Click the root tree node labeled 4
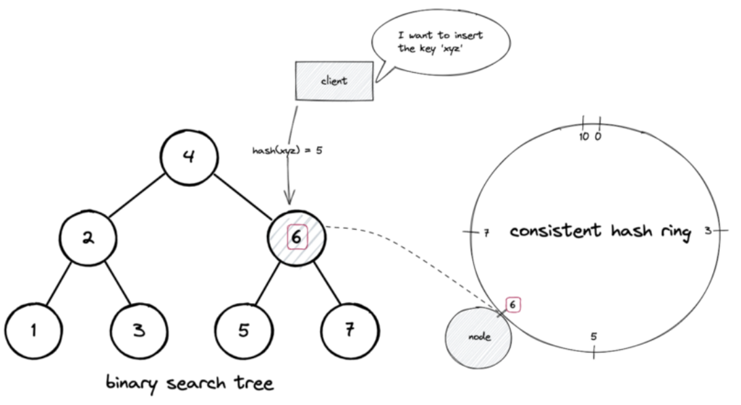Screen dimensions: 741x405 pos(189,157)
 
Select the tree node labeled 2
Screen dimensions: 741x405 pos(88,237)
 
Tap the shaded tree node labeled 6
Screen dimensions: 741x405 pos(297,238)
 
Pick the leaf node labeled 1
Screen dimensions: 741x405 pos(33,331)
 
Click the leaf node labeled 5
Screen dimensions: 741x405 pos(244,330)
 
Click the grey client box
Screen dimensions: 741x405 pos(335,81)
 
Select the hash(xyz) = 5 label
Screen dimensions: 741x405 pos(287,151)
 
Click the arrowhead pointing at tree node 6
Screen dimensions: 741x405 pos(289,198)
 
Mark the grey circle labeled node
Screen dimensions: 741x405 pos(478,337)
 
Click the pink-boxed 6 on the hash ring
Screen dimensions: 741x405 pos(513,305)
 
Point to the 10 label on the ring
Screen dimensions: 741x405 pos(584,137)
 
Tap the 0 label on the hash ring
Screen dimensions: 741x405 pos(598,137)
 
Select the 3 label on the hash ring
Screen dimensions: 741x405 pos(708,230)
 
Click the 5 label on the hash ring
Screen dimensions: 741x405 pos(594,336)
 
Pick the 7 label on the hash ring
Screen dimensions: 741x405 pos(487,232)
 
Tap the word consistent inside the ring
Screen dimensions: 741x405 pos(556,230)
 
